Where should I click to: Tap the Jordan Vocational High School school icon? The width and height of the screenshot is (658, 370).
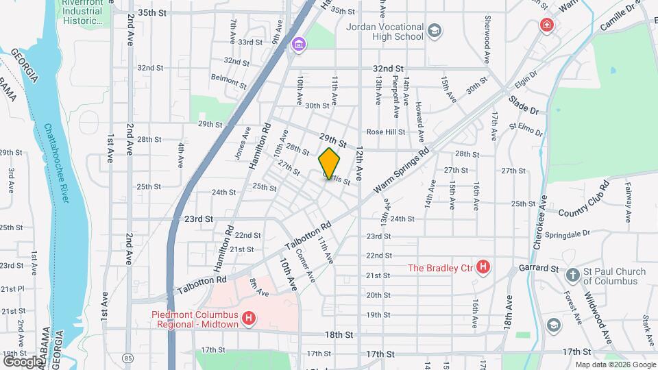pos(435,31)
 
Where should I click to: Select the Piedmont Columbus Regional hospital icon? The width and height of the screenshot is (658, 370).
pos(249,319)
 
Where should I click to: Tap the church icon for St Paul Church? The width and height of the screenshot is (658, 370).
pos(572,276)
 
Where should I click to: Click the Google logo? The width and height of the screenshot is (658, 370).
pos(23,361)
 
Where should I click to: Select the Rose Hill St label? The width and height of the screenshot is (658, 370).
pos(386,132)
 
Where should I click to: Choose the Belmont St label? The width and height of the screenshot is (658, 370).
pos(228,81)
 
